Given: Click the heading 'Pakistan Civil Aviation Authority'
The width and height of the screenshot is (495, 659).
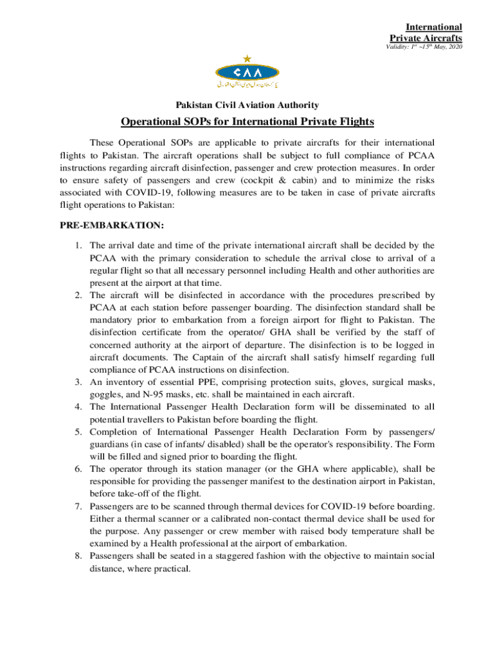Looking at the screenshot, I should click(x=247, y=104).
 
